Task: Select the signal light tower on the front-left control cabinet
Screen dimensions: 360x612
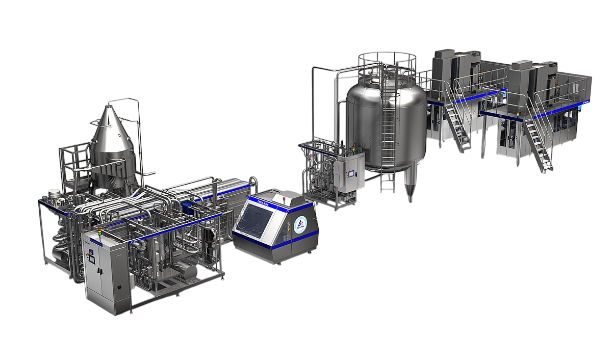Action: (100, 235)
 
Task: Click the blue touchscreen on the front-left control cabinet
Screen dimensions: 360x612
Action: (93, 258)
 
